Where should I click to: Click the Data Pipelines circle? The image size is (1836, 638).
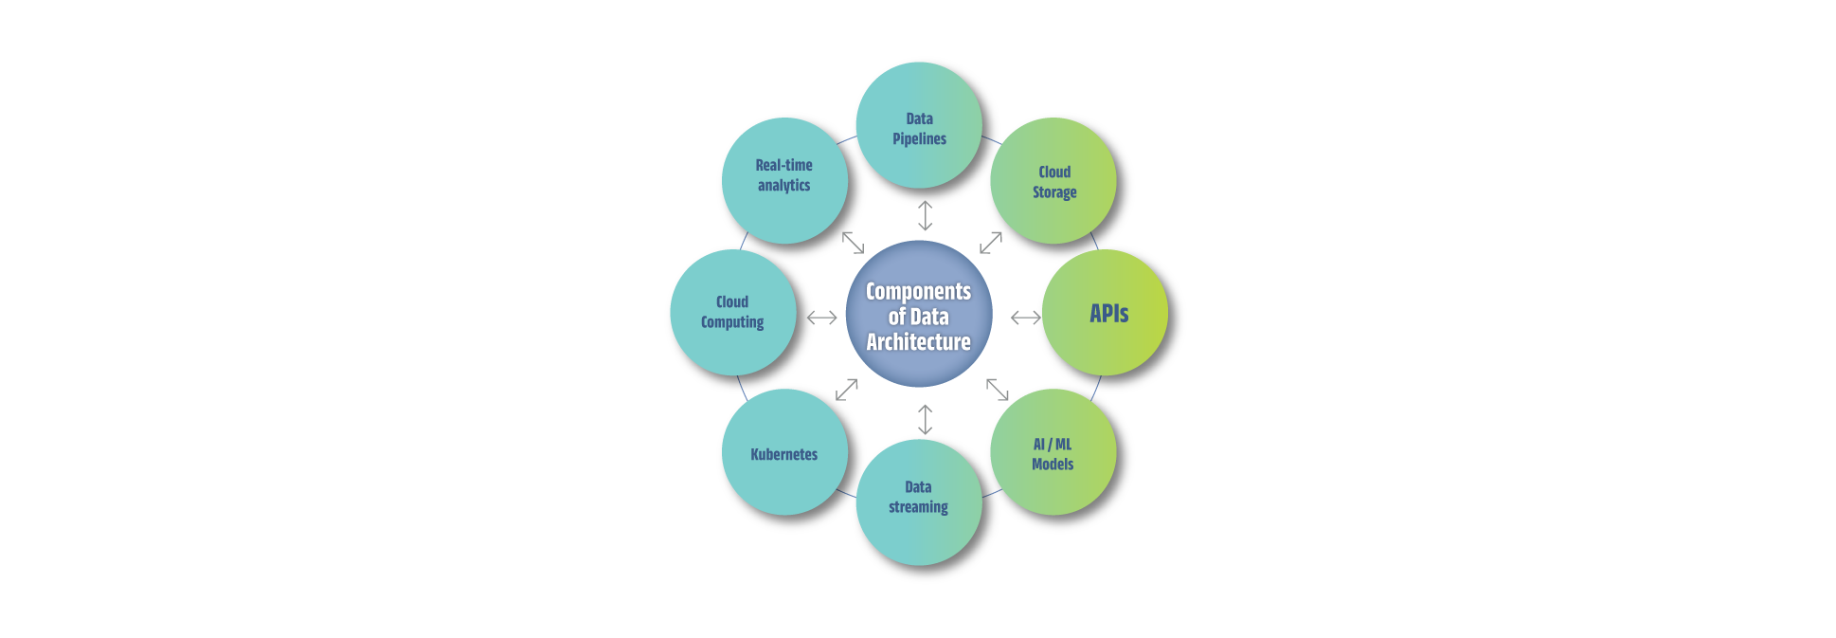918,125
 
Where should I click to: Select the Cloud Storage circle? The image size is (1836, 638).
1053,180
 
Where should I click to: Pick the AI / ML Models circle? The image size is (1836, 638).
1053,452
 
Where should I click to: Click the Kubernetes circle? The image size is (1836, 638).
784,452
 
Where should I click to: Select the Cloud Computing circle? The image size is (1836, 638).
732,313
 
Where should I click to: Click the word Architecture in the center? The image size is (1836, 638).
918,342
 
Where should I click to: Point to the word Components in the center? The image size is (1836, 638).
918,291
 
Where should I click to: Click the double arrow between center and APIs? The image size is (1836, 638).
1026,318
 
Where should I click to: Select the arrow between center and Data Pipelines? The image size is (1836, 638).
926,215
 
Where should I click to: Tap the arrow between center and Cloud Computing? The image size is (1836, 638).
821,318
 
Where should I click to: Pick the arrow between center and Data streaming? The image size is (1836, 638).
926,420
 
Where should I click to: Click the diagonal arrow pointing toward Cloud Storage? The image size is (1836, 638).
991,243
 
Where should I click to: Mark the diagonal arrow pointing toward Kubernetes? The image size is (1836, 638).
846,390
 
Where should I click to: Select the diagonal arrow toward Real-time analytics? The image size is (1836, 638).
853,243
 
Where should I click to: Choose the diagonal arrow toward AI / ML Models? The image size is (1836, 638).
998,389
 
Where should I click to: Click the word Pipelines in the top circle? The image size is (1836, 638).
919,139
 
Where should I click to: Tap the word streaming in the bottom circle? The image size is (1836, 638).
918,507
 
